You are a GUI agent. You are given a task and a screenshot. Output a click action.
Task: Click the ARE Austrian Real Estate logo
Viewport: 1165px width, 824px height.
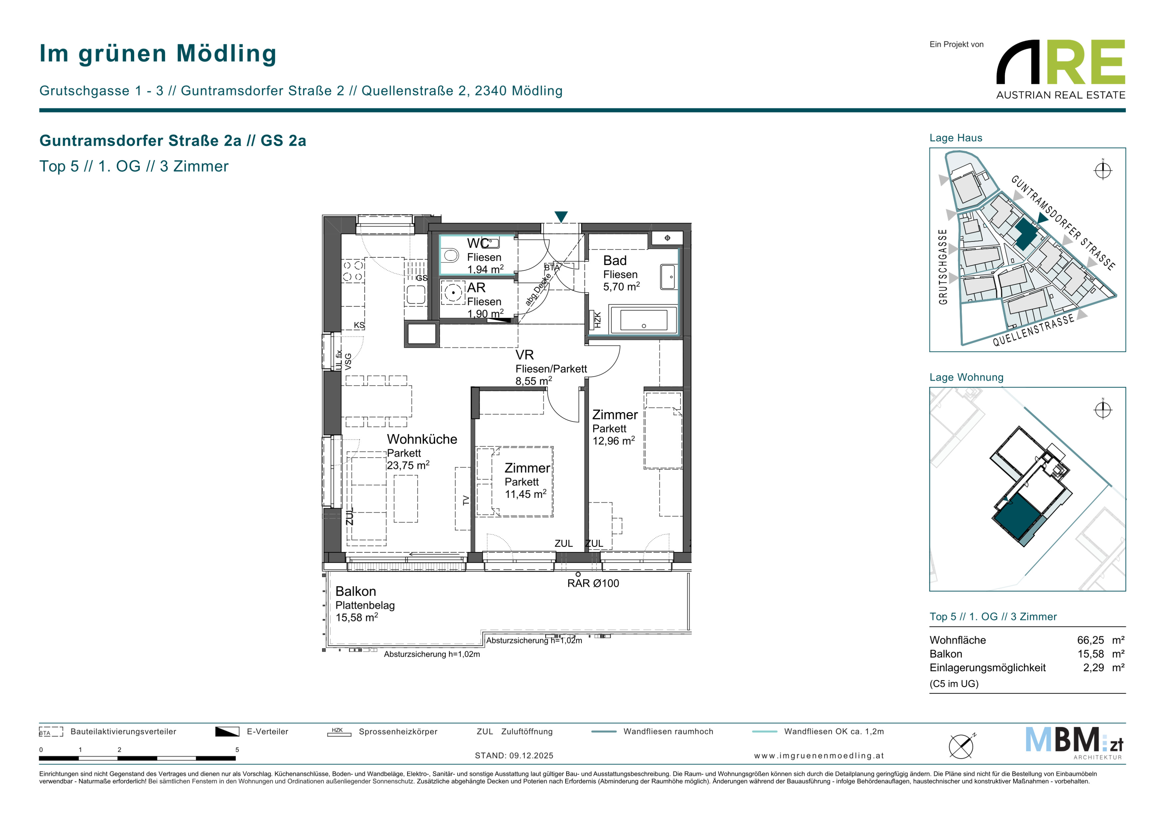coord(1060,70)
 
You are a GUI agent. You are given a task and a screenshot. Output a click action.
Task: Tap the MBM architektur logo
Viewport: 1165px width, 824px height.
coord(1074,742)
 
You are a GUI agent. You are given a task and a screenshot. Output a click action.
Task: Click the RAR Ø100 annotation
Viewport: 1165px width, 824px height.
coord(593,584)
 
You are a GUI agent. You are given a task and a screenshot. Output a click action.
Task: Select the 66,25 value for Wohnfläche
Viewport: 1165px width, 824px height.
coord(1090,640)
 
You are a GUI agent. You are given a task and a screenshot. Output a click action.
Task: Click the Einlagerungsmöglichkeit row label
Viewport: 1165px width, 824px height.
coord(987,668)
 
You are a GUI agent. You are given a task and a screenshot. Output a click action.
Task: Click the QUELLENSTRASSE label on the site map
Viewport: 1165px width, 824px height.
coord(1033,330)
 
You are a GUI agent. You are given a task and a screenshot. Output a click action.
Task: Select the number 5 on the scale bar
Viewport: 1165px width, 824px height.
coord(237,749)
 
